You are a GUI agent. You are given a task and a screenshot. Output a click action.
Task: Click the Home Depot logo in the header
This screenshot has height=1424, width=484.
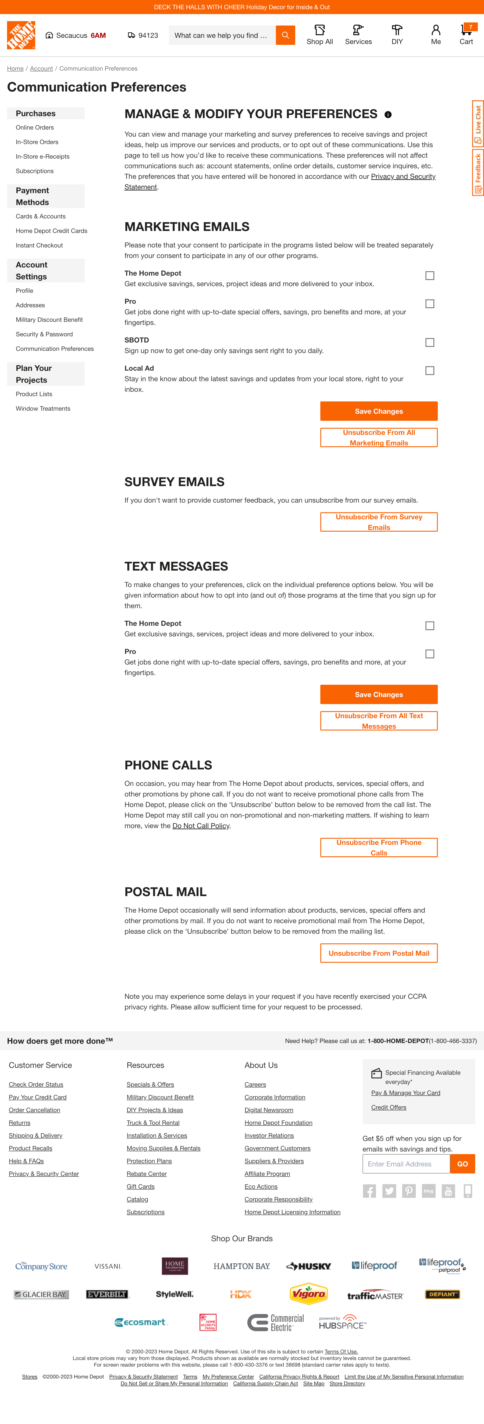pyautogui.click(x=21, y=35)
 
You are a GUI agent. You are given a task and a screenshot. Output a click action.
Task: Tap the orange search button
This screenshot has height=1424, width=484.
pyautogui.click(x=285, y=35)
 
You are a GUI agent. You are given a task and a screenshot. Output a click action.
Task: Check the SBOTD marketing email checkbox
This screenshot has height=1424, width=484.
pyautogui.click(x=430, y=343)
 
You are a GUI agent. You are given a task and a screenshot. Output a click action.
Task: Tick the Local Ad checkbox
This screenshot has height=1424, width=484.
pyautogui.click(x=430, y=371)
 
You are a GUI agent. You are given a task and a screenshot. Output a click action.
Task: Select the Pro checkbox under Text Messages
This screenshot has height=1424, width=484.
pyautogui.click(x=430, y=654)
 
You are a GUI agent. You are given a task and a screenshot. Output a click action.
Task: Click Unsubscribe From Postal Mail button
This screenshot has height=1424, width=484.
pyautogui.click(x=379, y=953)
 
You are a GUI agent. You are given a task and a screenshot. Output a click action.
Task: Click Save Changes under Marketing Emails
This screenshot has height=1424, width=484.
pyautogui.click(x=379, y=411)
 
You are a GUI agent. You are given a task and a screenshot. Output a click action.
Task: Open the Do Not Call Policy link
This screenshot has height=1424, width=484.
pyautogui.click(x=201, y=826)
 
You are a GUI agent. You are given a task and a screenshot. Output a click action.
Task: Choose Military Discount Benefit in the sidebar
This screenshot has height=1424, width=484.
pyautogui.click(x=49, y=320)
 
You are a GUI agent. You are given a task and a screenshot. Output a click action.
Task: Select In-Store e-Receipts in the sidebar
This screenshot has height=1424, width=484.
pyautogui.click(x=43, y=156)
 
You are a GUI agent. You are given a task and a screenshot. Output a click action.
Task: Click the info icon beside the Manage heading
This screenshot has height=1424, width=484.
pyautogui.click(x=388, y=115)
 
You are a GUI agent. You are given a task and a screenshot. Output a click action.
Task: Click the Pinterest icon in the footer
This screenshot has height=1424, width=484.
pyautogui.click(x=409, y=1191)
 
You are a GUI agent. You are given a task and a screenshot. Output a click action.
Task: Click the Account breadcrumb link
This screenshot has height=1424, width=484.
pyautogui.click(x=42, y=69)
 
